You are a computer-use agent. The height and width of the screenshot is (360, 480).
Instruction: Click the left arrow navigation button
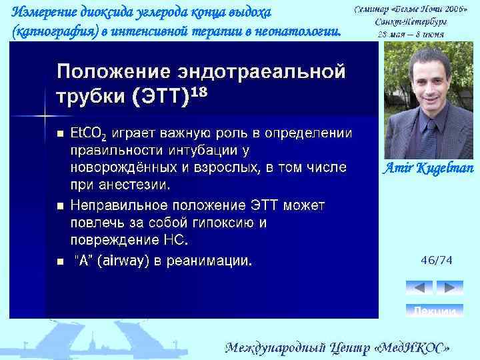(x=419, y=288)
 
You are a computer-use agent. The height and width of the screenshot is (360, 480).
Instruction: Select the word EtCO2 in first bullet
(x=87, y=133)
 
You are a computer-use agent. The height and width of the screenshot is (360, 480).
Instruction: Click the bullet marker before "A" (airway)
(x=59, y=261)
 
